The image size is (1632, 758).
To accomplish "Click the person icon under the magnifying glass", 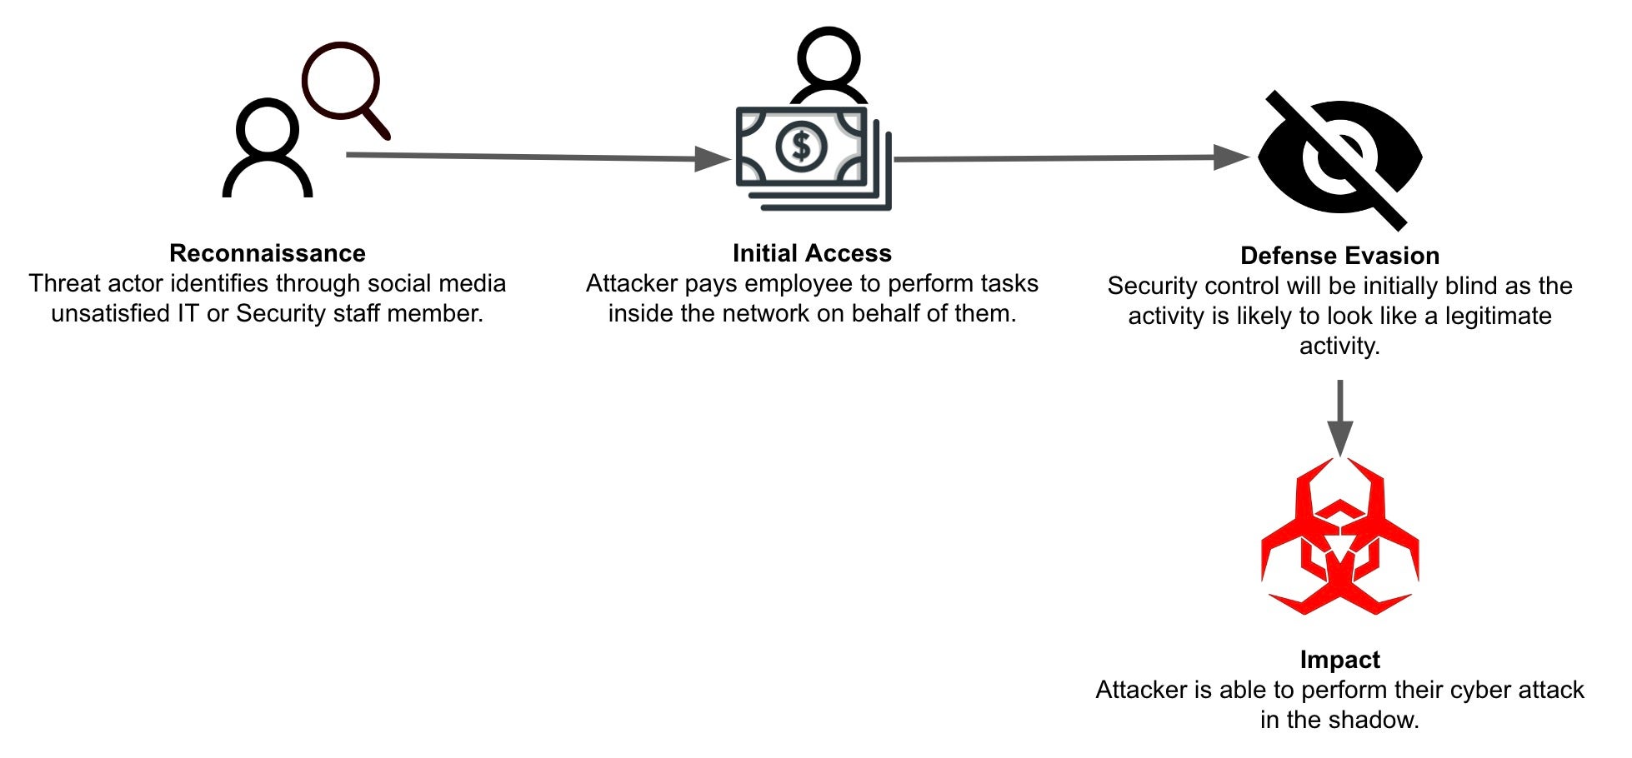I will [268, 150].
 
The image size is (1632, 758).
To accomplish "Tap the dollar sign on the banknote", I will [801, 147].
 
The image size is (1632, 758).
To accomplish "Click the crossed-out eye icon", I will [1339, 159].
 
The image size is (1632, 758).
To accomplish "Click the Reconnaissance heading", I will [268, 253].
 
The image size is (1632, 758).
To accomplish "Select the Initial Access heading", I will [812, 253].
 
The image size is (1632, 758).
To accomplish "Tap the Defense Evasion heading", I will [1339, 256].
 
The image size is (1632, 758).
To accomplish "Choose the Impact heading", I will [1339, 660].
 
